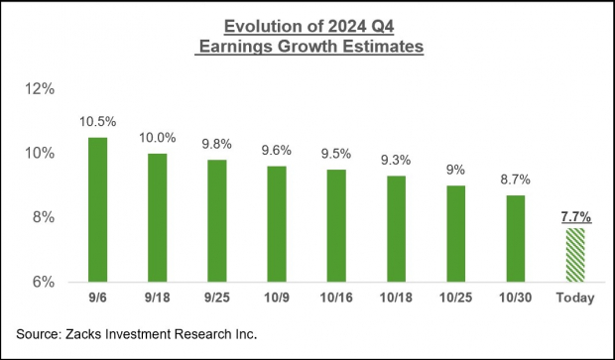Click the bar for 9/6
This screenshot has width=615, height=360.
click(97, 209)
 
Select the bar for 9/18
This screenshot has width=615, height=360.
click(158, 217)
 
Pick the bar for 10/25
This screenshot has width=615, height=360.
click(456, 233)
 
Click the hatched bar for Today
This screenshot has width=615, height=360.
click(576, 255)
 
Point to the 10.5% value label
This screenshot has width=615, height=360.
click(97, 122)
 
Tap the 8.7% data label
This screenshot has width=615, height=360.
click(516, 180)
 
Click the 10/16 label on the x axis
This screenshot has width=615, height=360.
click(337, 299)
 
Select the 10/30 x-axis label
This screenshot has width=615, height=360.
click(516, 299)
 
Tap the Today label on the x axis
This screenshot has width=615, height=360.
click(576, 299)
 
